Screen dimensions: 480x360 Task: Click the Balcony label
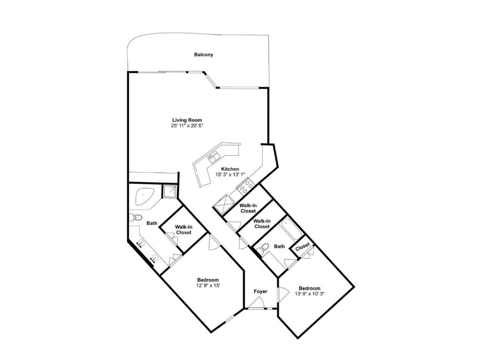[204, 55]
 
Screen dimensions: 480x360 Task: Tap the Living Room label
[187, 120]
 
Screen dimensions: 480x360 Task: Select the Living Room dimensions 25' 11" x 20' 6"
[187, 126]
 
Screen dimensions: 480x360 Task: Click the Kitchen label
[230, 169]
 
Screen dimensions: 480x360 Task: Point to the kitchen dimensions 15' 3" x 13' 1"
[230, 174]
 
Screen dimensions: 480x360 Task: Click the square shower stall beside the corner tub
[169, 192]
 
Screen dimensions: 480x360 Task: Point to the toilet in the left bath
[136, 218]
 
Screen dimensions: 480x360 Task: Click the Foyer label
[260, 292]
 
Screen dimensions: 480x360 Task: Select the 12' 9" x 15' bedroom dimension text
[208, 285]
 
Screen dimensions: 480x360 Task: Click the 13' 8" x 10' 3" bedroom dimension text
[310, 293]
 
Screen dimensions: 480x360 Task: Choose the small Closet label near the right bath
[303, 247]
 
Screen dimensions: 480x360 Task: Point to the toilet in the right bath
[263, 248]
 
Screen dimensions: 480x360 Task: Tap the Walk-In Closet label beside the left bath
[183, 230]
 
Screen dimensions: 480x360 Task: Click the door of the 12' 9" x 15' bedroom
[213, 243]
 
